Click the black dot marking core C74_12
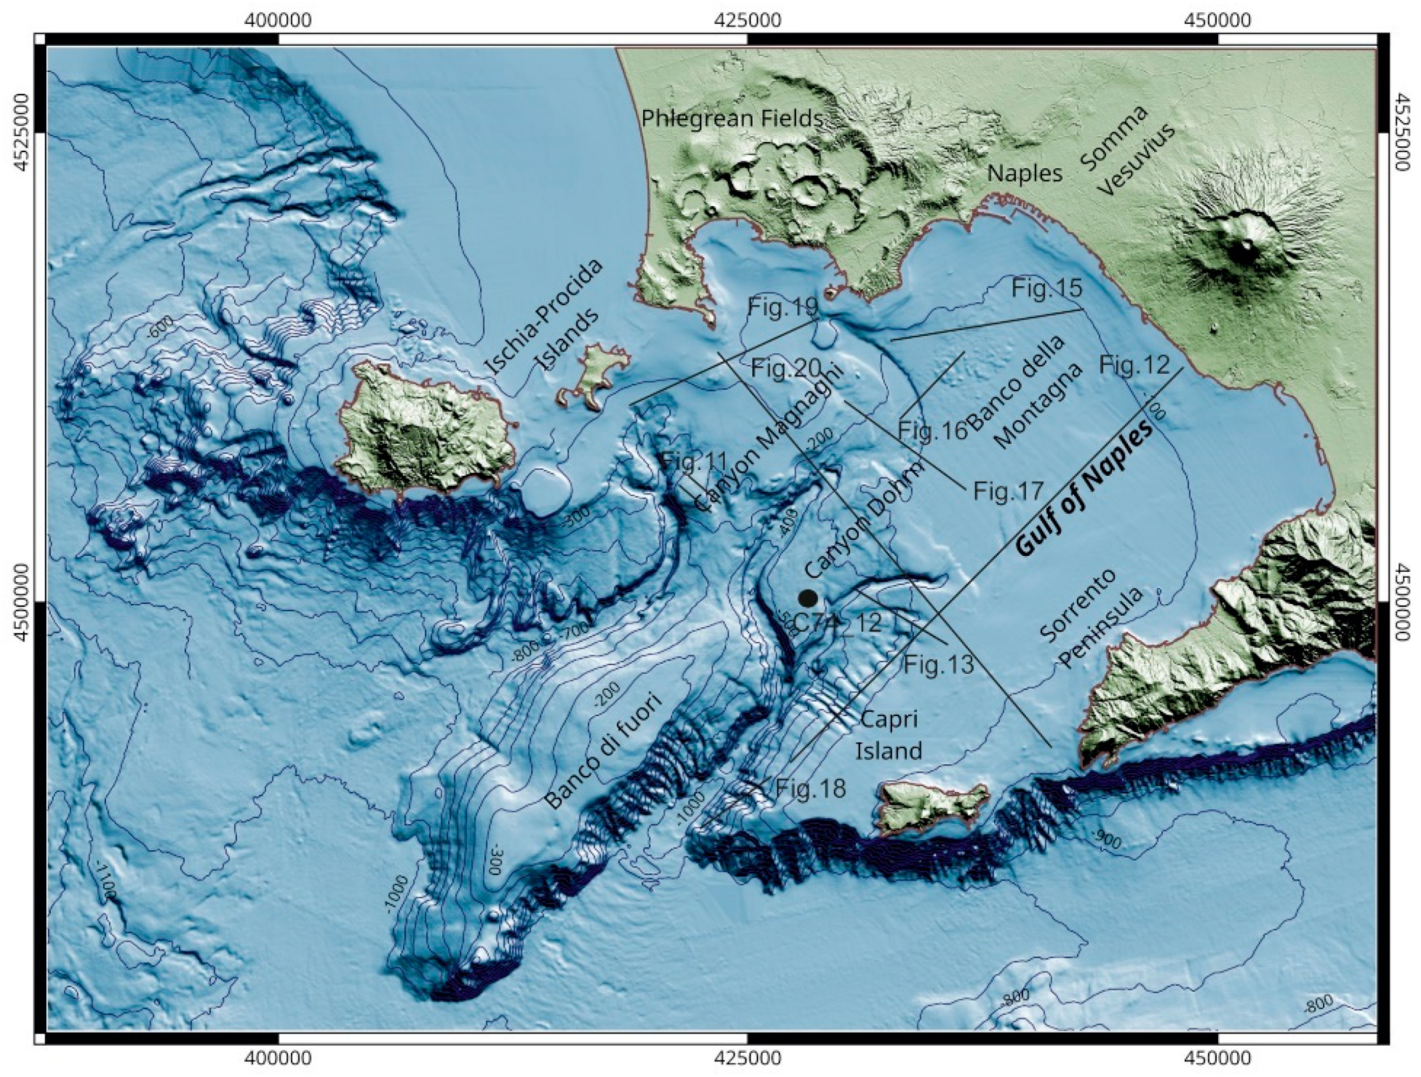(808, 597)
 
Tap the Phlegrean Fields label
(732, 119)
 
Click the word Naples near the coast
(1025, 173)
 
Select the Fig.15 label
(1047, 288)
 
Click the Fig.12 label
(1134, 365)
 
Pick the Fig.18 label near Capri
(811, 789)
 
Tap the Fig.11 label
(684, 461)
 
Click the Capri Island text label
(889, 735)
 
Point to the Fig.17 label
(1008, 492)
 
